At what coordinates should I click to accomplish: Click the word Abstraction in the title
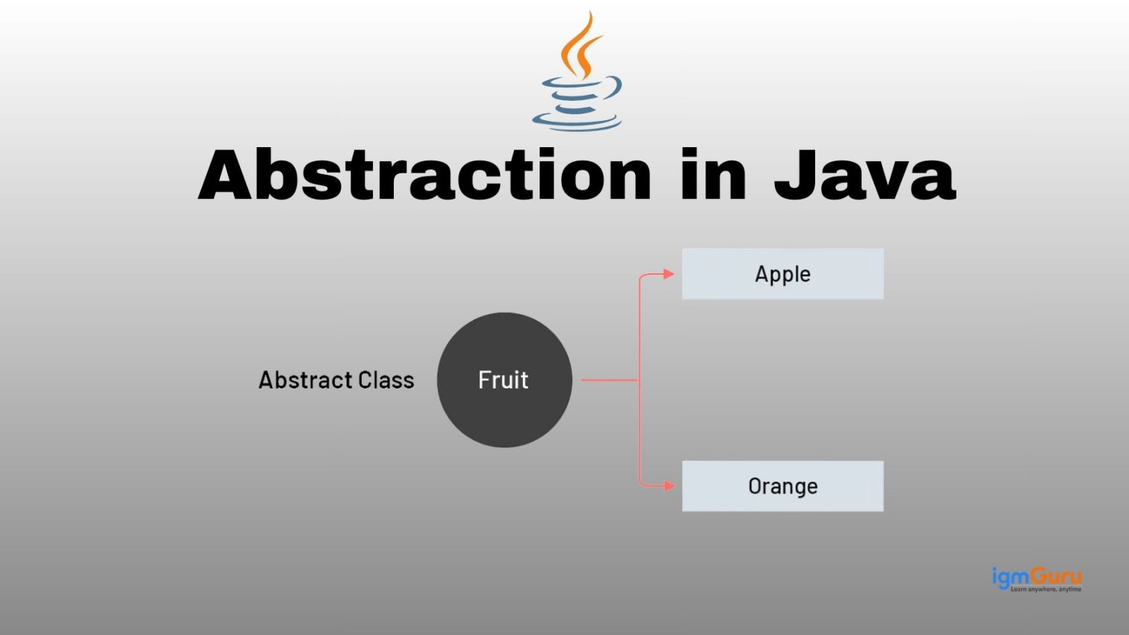(424, 174)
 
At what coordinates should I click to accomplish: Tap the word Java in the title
(865, 174)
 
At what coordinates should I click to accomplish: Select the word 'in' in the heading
(713, 174)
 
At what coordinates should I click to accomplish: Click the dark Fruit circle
(504, 380)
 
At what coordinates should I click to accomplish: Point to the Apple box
(783, 274)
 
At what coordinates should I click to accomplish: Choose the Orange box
(783, 486)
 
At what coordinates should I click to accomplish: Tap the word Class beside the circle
(386, 380)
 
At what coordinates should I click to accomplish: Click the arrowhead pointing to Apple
(669, 274)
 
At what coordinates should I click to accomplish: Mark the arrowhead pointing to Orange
(669, 486)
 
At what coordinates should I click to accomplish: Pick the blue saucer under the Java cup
(577, 123)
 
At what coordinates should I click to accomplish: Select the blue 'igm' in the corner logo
(1011, 577)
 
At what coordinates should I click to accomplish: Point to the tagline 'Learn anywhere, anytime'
(1046, 589)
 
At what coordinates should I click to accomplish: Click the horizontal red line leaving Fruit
(610, 380)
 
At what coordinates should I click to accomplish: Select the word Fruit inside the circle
(503, 380)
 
